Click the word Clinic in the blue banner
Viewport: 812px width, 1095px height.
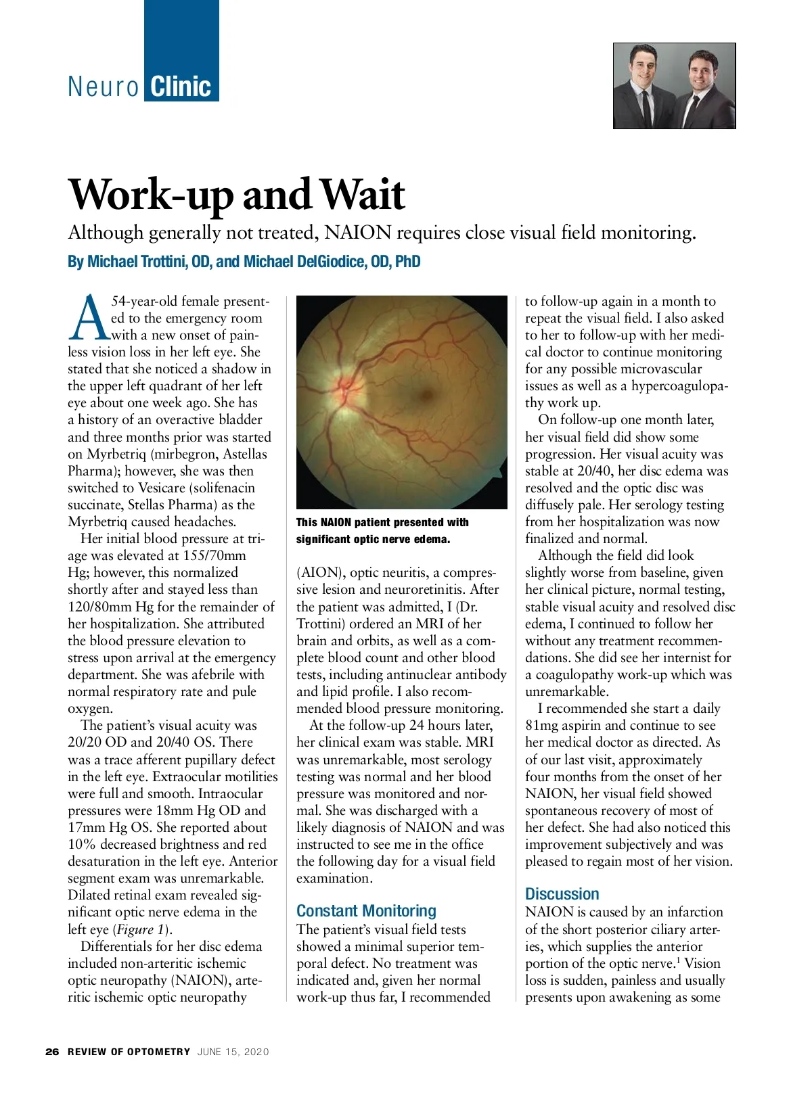tap(181, 87)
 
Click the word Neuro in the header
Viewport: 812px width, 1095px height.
tap(104, 87)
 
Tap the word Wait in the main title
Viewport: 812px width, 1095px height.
tap(362, 195)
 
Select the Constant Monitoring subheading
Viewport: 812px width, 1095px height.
tap(366, 910)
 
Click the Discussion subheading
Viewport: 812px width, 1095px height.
tap(562, 893)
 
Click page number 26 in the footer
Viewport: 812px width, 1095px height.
tap(52, 1052)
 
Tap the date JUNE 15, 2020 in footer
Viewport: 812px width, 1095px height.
tap(233, 1052)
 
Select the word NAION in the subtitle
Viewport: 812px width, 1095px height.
tap(358, 233)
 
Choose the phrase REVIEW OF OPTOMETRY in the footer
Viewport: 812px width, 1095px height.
tap(129, 1052)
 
